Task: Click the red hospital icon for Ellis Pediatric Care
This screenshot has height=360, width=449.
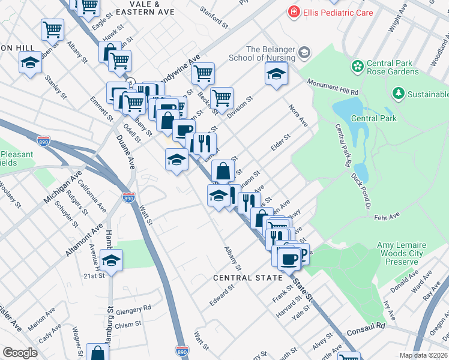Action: (x=293, y=12)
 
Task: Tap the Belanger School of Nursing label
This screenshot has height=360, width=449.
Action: (x=262, y=53)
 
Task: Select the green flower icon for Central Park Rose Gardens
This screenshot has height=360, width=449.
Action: (x=358, y=65)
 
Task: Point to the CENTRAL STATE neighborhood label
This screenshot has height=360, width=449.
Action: (x=248, y=278)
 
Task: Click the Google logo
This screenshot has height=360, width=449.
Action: (x=20, y=352)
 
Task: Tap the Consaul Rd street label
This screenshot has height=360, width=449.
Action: (x=364, y=326)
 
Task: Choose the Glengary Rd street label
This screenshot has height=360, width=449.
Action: (x=134, y=310)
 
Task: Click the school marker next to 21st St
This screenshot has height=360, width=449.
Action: (x=112, y=259)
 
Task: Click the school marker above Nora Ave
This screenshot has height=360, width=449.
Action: (x=276, y=73)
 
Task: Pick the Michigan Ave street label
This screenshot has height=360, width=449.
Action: (x=62, y=190)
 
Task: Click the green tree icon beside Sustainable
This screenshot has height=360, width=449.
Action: (x=397, y=94)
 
